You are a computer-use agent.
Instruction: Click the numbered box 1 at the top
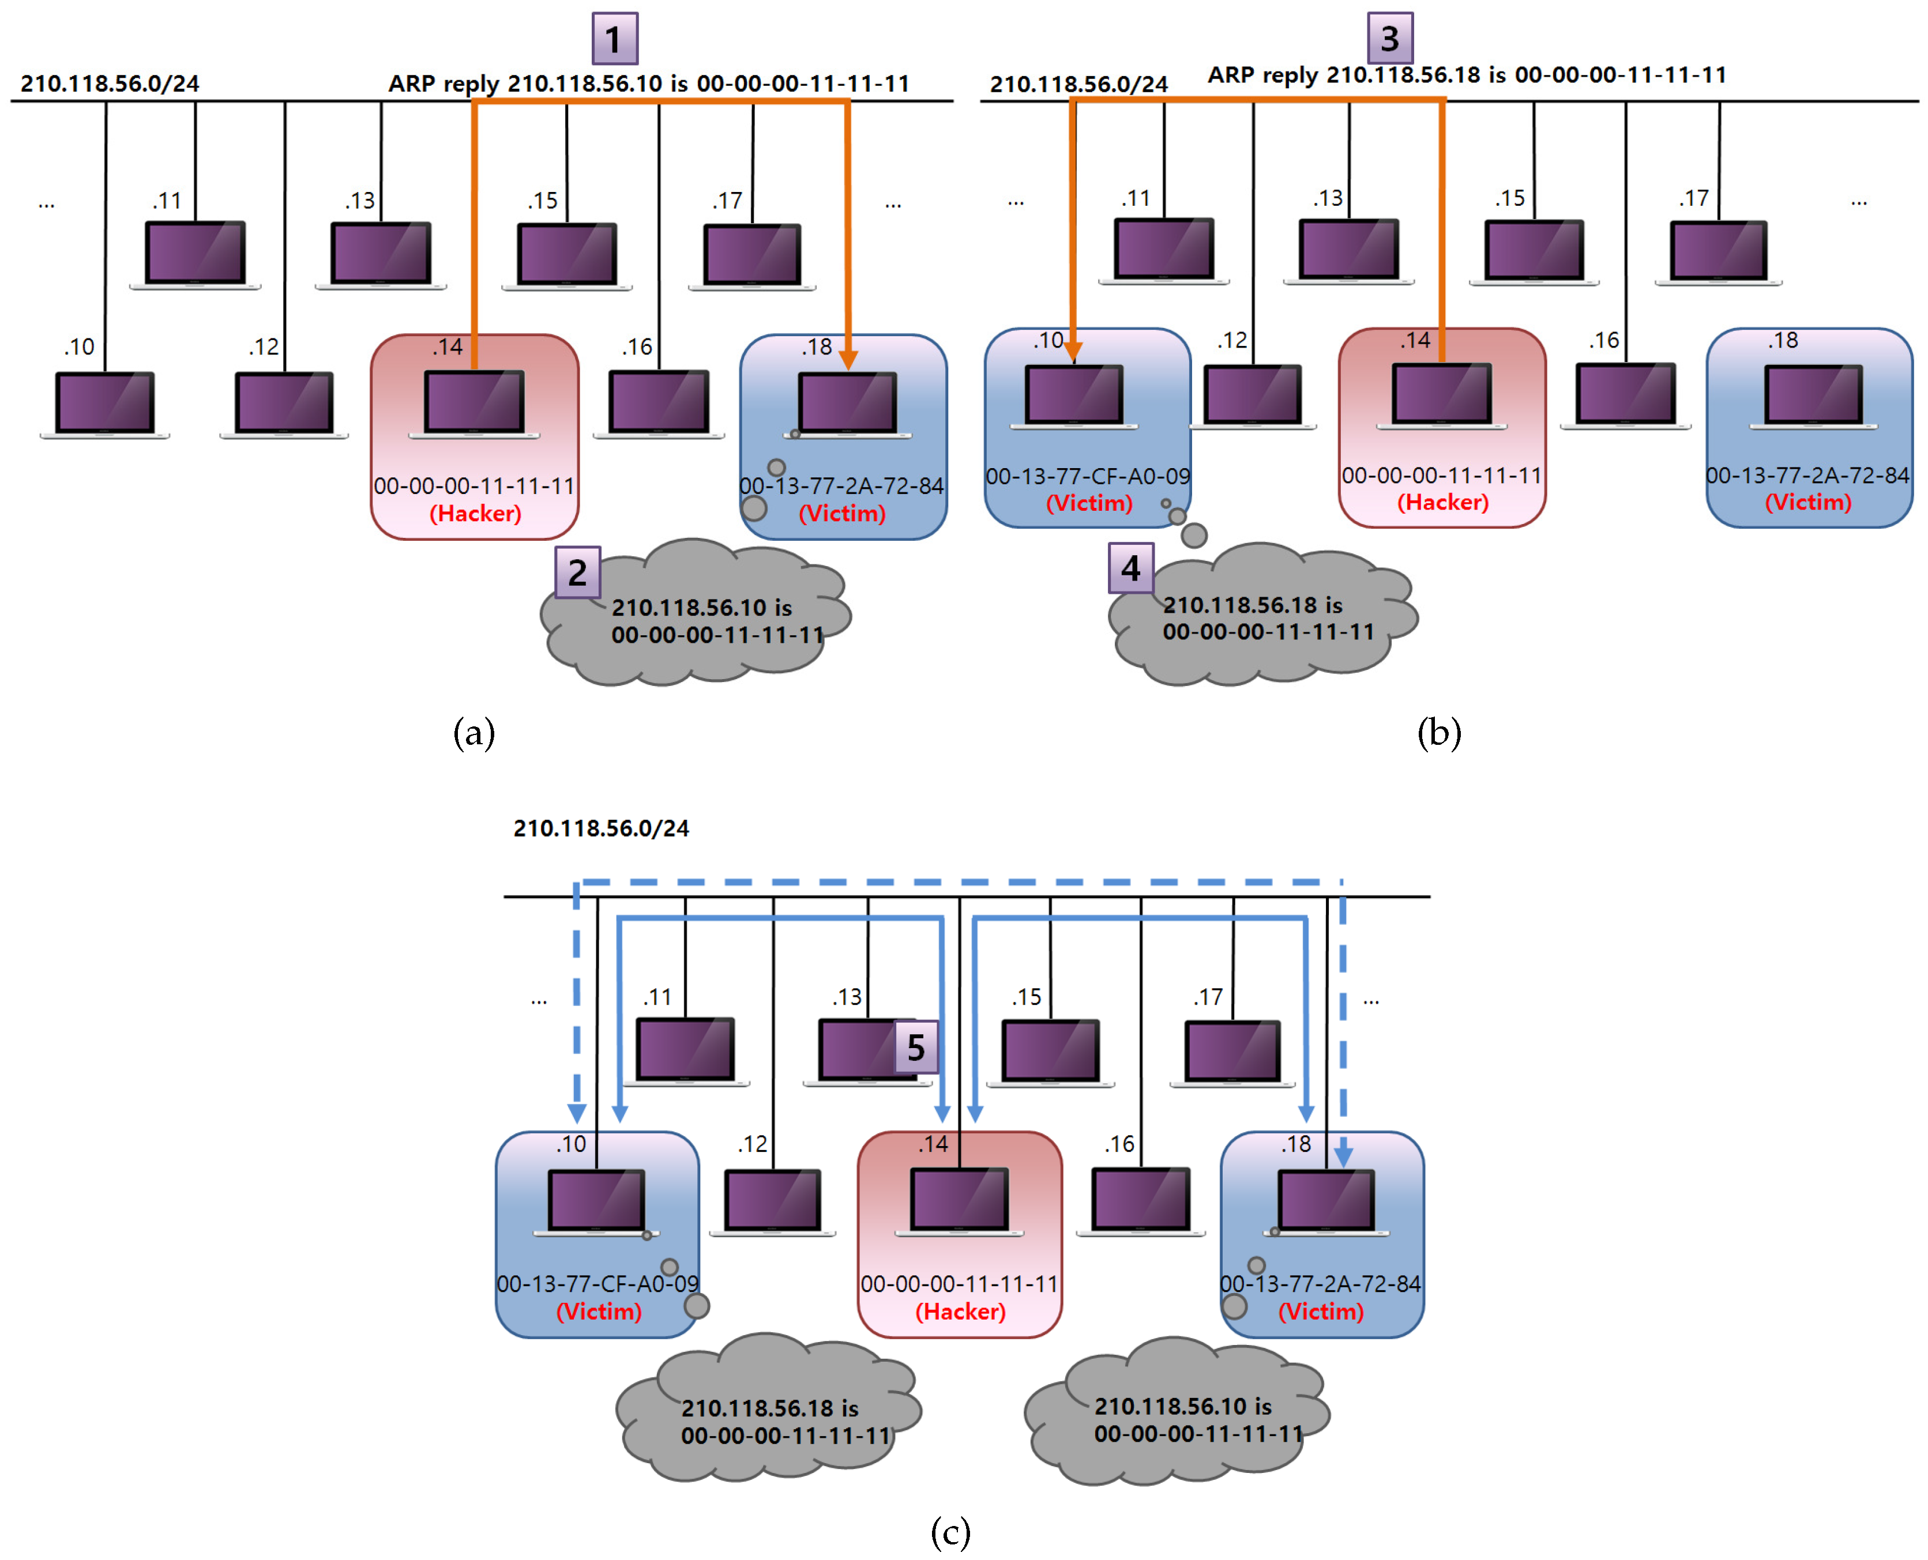point(615,39)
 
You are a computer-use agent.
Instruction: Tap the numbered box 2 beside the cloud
point(577,572)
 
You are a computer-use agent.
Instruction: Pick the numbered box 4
point(1130,568)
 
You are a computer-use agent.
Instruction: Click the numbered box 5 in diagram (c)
point(916,1047)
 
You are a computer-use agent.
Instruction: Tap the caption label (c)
point(950,1531)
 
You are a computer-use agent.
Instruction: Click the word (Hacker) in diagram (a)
point(475,513)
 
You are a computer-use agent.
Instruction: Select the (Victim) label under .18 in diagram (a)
point(841,513)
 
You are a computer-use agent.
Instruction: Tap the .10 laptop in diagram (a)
point(105,404)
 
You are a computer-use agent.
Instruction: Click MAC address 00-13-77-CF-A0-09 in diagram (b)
point(1088,476)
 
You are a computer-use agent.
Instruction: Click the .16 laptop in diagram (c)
point(1141,1201)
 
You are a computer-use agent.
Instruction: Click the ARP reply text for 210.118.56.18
point(1466,74)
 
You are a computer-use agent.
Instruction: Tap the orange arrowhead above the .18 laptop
point(848,360)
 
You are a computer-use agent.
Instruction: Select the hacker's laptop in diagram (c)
point(959,1201)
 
